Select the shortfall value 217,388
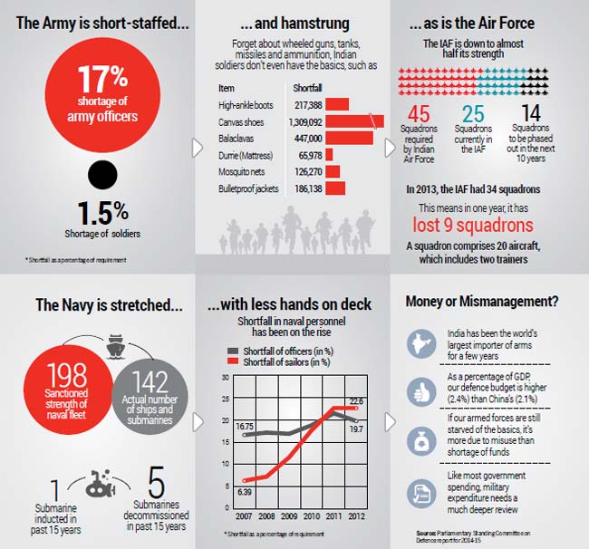tap(310, 105)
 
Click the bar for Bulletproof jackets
tap(335, 189)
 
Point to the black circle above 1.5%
tap(101, 175)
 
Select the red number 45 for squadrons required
tap(419, 114)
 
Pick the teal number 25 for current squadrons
tap(473, 114)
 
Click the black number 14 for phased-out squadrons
tap(532, 114)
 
